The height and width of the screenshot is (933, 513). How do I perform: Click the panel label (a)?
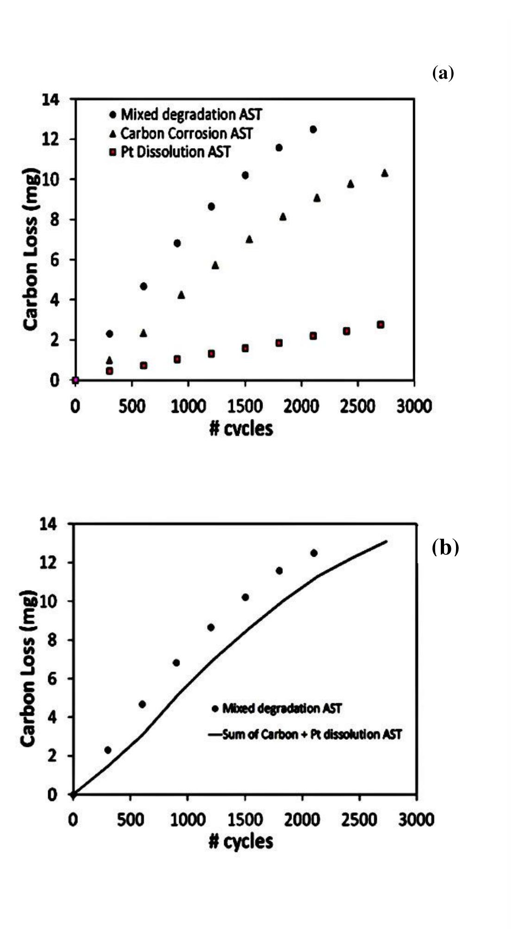(443, 73)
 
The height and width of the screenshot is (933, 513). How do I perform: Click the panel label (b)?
(445, 547)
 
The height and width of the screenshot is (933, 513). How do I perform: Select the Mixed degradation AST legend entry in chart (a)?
(186, 114)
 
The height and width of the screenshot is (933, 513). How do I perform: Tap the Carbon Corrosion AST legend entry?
(181, 133)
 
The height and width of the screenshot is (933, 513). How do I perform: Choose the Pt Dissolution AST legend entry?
(169, 152)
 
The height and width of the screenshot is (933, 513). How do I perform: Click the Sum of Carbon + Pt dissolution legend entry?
(305, 734)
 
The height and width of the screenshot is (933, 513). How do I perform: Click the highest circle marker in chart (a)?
(313, 130)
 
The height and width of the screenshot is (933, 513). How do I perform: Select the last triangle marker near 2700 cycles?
(384, 173)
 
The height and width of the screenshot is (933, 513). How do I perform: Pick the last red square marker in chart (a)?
(381, 325)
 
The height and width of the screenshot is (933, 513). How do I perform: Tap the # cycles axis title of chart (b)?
(241, 841)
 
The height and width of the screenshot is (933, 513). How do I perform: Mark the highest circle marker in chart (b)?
(314, 553)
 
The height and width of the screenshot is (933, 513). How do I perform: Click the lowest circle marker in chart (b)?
(108, 750)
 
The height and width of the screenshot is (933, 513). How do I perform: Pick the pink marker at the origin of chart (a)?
(75, 380)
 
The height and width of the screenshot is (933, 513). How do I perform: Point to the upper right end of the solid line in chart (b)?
(387, 541)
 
